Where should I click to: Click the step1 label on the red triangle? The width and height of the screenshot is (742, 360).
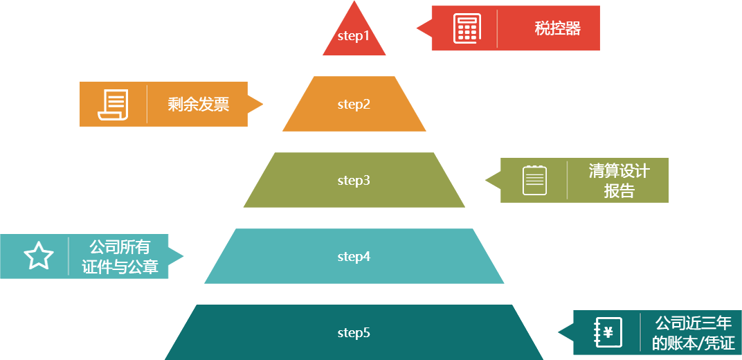(354, 35)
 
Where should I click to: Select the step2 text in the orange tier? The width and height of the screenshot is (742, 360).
(354, 105)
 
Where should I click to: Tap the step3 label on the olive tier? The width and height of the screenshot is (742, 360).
(354, 181)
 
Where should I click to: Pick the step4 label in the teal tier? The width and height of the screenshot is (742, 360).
(354, 257)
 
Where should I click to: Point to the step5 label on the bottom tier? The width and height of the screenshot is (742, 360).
(354, 333)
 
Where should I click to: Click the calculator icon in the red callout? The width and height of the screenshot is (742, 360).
(467, 28)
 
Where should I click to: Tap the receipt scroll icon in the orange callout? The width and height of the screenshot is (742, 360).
(114, 105)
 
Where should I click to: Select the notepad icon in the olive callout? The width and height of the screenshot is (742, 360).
(534, 180)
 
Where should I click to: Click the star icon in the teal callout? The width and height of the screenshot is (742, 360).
(39, 256)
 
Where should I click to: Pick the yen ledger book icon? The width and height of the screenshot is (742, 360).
(608, 332)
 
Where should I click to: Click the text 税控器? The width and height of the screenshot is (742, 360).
(557, 28)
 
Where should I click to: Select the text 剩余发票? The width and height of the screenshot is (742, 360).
(198, 105)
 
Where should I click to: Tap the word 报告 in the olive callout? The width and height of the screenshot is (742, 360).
(619, 191)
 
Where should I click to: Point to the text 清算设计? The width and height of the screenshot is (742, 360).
(619, 171)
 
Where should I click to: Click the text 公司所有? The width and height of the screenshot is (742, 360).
(119, 247)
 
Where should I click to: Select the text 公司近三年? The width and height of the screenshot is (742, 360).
(693, 323)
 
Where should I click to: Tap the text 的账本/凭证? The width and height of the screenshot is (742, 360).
(693, 343)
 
